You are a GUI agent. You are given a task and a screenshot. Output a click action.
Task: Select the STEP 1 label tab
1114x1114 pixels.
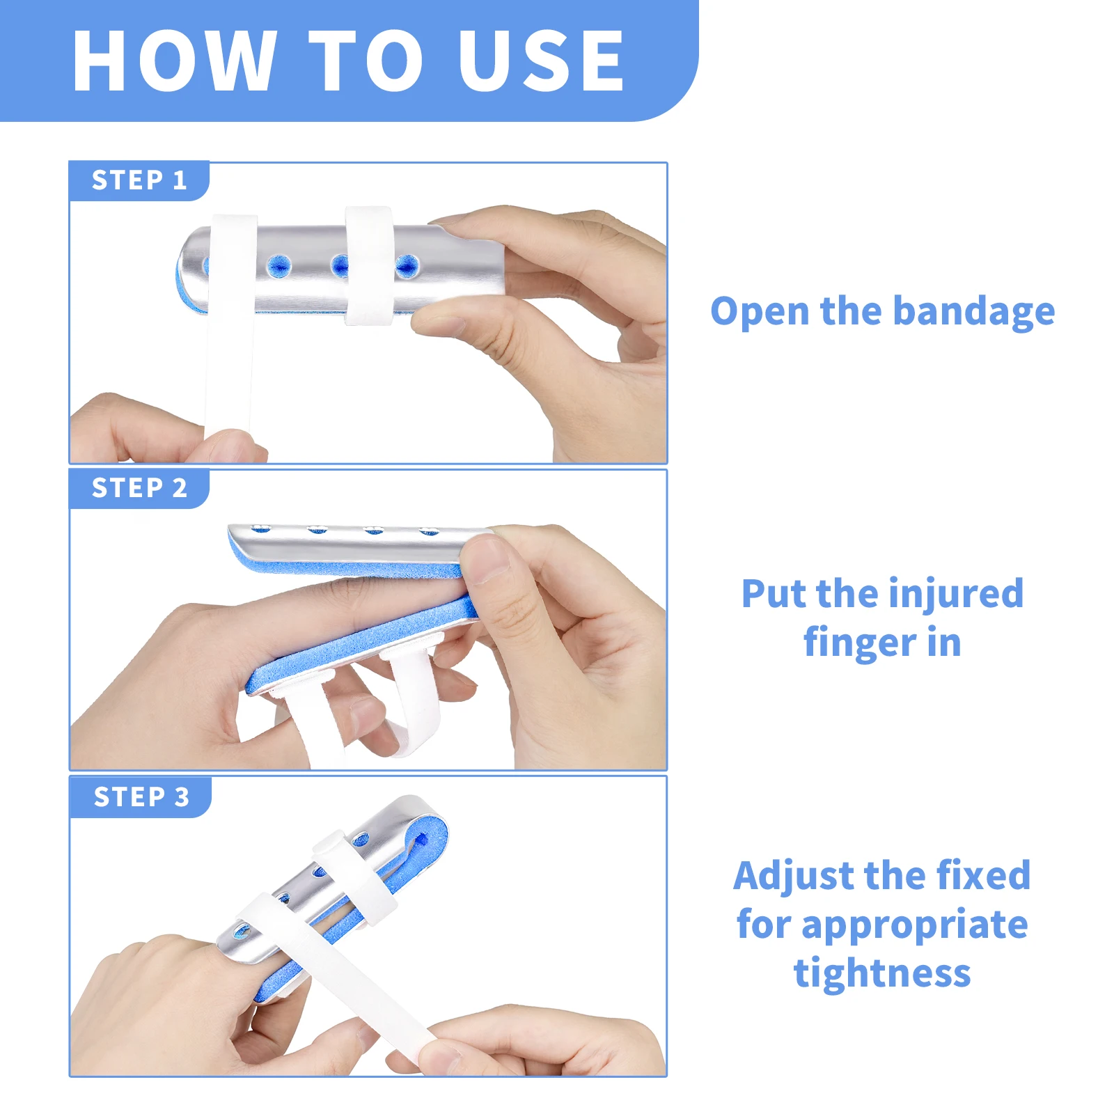point(139,180)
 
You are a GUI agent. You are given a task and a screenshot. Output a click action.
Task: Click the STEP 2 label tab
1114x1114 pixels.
point(139,488)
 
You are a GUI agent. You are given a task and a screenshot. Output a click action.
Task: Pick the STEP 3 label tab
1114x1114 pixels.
point(141,797)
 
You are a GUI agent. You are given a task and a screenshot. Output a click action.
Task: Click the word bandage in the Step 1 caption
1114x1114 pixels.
point(973,311)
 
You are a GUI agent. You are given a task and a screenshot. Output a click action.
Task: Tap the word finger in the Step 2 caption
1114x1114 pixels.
point(859,643)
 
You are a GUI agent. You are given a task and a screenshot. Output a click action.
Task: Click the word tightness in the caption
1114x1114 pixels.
point(881,973)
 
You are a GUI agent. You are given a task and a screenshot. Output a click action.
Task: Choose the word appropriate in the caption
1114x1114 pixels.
point(914,925)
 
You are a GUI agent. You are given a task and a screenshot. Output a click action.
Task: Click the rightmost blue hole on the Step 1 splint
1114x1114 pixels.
point(407,265)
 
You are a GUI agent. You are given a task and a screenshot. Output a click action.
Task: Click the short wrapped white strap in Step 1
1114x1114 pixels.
point(370,265)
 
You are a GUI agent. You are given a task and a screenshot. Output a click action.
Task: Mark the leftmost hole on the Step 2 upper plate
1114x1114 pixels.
point(261,528)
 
